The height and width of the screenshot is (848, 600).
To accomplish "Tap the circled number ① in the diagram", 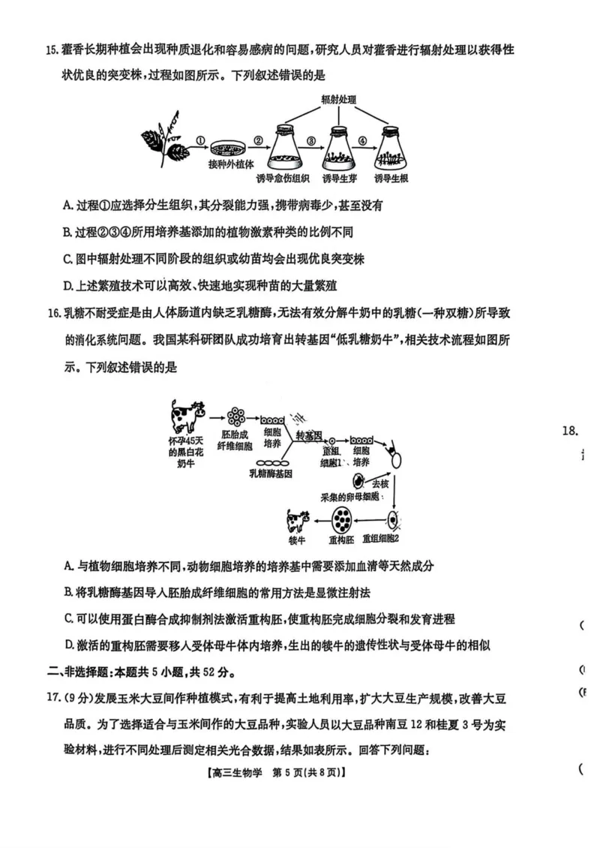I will pos(200,140).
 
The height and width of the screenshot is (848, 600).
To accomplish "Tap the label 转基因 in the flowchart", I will pos(308,436).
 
